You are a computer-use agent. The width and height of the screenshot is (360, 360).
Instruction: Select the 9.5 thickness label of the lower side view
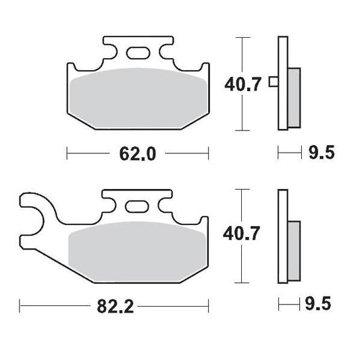click(x=320, y=305)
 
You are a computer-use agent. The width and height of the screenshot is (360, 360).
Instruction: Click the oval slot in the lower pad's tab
click(x=135, y=205)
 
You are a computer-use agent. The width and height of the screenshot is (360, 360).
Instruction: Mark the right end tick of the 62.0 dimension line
click(x=208, y=154)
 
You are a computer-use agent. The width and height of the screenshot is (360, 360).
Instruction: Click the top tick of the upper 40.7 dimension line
click(x=240, y=37)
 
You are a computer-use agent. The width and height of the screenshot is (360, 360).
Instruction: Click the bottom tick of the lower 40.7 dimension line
click(x=240, y=282)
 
